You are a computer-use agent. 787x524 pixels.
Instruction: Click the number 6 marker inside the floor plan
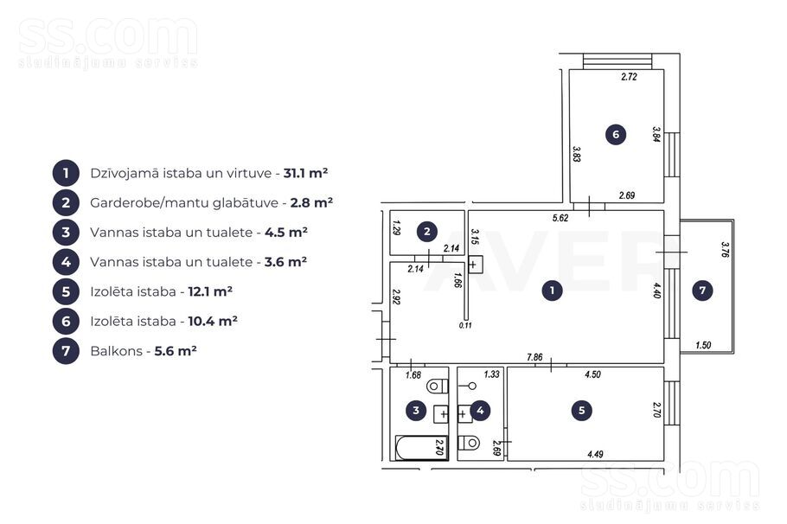coord(616,134)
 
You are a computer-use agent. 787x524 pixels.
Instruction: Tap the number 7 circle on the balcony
coord(702,291)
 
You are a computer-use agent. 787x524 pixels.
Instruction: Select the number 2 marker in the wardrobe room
coord(426,232)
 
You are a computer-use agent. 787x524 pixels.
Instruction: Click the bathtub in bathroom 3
coord(422,447)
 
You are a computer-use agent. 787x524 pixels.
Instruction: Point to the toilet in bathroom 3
coord(437,386)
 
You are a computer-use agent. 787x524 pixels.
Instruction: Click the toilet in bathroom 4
coord(469,443)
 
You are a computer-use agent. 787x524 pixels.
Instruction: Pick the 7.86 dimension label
coord(534,357)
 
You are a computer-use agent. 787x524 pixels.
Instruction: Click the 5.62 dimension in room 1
coord(560,218)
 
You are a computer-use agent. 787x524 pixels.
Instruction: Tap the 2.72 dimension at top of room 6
coord(629,77)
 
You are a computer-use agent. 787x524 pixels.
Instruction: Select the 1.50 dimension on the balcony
coord(703,345)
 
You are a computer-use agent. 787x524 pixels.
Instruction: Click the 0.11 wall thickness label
coord(465,325)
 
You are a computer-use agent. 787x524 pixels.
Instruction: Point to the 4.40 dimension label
coord(657,291)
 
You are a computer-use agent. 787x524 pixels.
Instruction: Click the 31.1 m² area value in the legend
coord(305,173)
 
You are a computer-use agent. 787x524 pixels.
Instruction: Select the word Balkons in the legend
coord(117,351)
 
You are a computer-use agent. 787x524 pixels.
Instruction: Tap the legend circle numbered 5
coord(66,291)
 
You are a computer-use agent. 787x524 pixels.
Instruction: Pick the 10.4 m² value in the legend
coord(213,321)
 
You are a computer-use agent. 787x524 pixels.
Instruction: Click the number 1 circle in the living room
coord(552,291)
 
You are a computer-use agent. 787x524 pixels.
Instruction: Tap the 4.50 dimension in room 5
coord(592,374)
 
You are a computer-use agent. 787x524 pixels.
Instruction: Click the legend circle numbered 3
coord(66,233)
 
